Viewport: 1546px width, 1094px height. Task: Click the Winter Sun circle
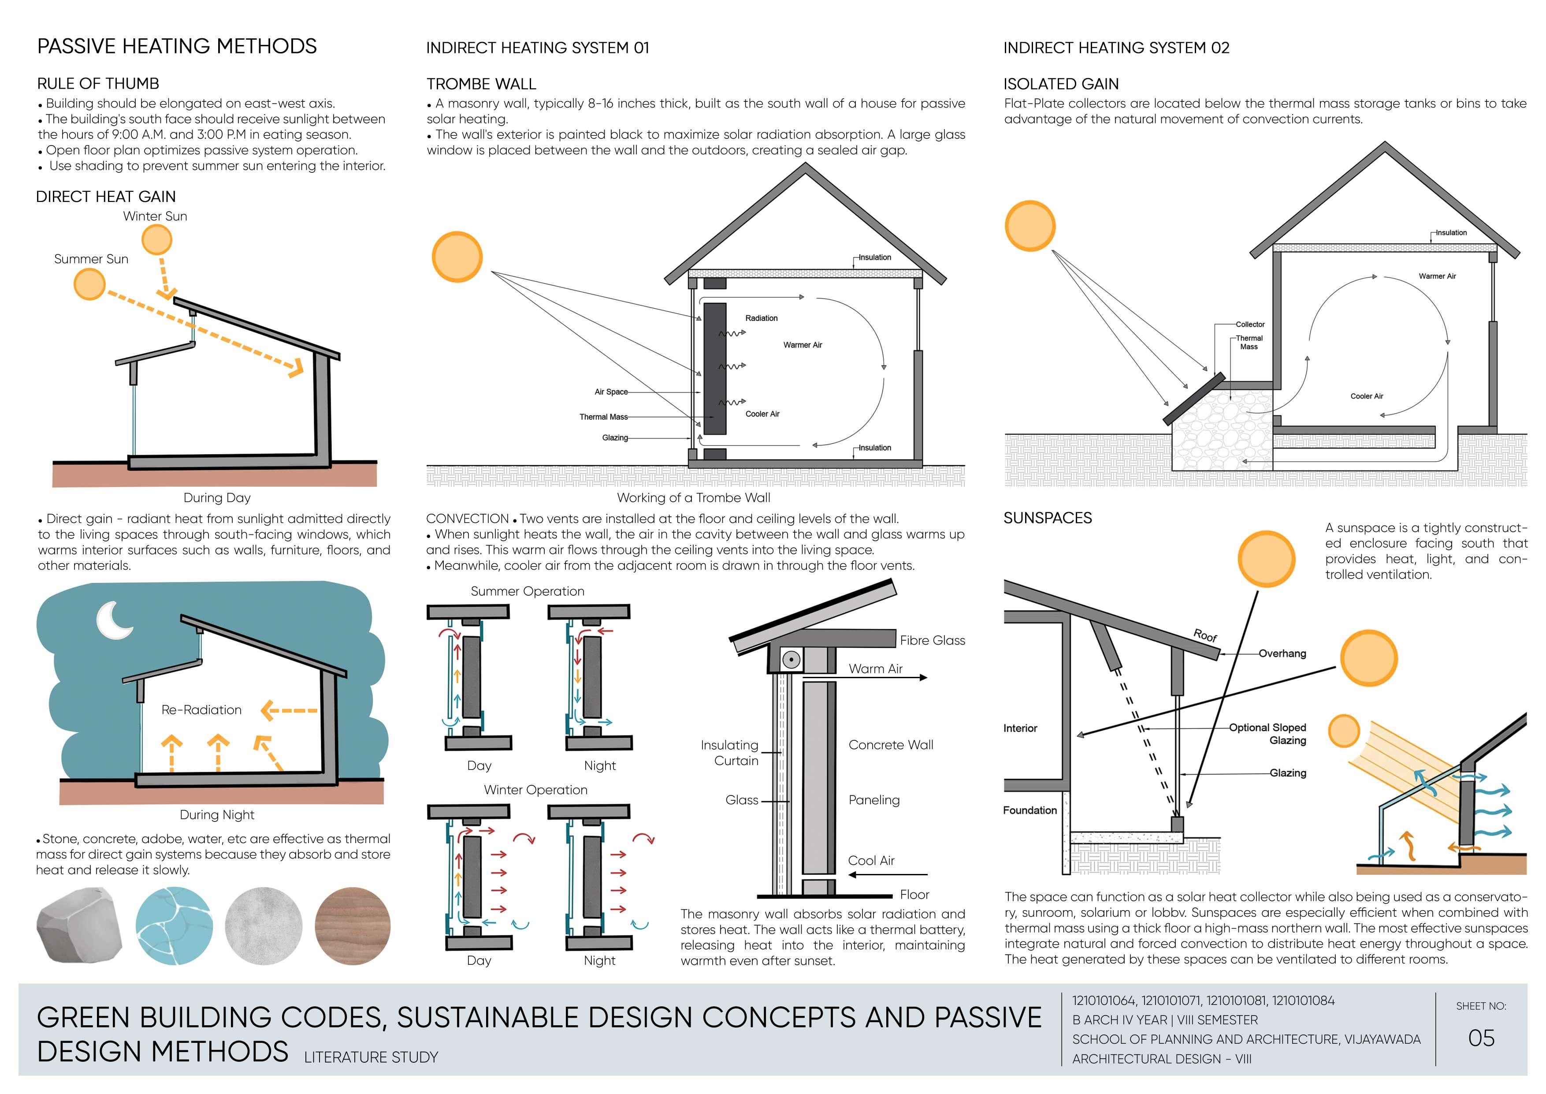click(x=157, y=239)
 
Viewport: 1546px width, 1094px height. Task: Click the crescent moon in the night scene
click(x=114, y=620)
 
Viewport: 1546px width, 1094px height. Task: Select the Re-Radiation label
click(x=201, y=709)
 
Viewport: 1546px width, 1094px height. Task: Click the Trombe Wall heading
click(x=481, y=84)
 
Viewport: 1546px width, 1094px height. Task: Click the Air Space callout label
click(x=611, y=392)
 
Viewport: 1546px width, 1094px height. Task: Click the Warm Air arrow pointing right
click(x=889, y=677)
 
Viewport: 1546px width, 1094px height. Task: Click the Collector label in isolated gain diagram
click(x=1250, y=324)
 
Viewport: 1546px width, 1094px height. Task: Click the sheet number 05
click(x=1481, y=1038)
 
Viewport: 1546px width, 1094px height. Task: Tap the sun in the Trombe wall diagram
click(x=457, y=257)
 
